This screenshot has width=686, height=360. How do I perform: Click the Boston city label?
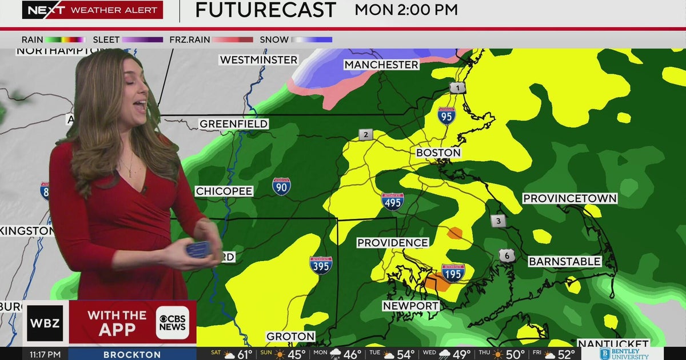438,153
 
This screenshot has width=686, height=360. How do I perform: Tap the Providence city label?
393,243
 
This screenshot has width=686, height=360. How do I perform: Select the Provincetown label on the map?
570,198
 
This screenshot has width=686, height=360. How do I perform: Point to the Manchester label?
381,65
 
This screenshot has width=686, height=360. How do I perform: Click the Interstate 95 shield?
446,116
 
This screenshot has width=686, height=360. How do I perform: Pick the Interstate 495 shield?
393,201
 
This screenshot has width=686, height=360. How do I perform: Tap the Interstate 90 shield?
281,186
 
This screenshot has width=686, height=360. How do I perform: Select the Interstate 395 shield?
321,265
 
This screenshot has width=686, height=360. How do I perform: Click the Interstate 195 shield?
453,272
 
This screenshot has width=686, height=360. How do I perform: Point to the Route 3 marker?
498,221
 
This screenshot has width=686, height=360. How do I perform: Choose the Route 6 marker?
506,255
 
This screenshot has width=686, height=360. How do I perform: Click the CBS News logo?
173,323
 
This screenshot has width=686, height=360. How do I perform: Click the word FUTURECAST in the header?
266,10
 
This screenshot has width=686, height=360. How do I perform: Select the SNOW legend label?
274,39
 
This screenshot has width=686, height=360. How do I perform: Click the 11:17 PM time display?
45,354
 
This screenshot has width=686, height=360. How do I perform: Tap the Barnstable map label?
564,261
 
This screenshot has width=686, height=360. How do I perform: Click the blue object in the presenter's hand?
199,249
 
